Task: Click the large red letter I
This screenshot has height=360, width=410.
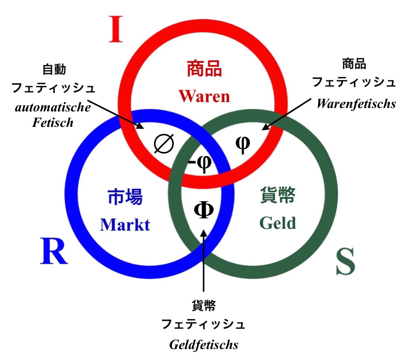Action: coord(116,29)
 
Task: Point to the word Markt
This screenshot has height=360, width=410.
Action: coord(125,225)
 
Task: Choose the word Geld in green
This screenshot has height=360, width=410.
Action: coord(277,223)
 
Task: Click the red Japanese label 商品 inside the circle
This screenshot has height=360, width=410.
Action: coord(204,68)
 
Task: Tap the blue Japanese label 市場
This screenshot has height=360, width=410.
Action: coord(125,197)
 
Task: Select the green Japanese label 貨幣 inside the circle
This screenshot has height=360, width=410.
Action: coord(277,195)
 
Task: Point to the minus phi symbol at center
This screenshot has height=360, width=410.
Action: coord(200,162)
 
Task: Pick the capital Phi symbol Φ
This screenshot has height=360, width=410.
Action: coord(204,210)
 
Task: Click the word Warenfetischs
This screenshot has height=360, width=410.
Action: coord(356,103)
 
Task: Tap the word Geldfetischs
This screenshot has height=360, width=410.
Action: coord(204,345)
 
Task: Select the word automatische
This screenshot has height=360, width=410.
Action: coord(53,107)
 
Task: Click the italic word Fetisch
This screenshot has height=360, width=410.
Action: coord(53,122)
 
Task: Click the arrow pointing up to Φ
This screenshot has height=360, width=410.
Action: coord(204,261)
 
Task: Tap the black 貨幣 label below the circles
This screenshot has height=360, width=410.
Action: coord(204,305)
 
